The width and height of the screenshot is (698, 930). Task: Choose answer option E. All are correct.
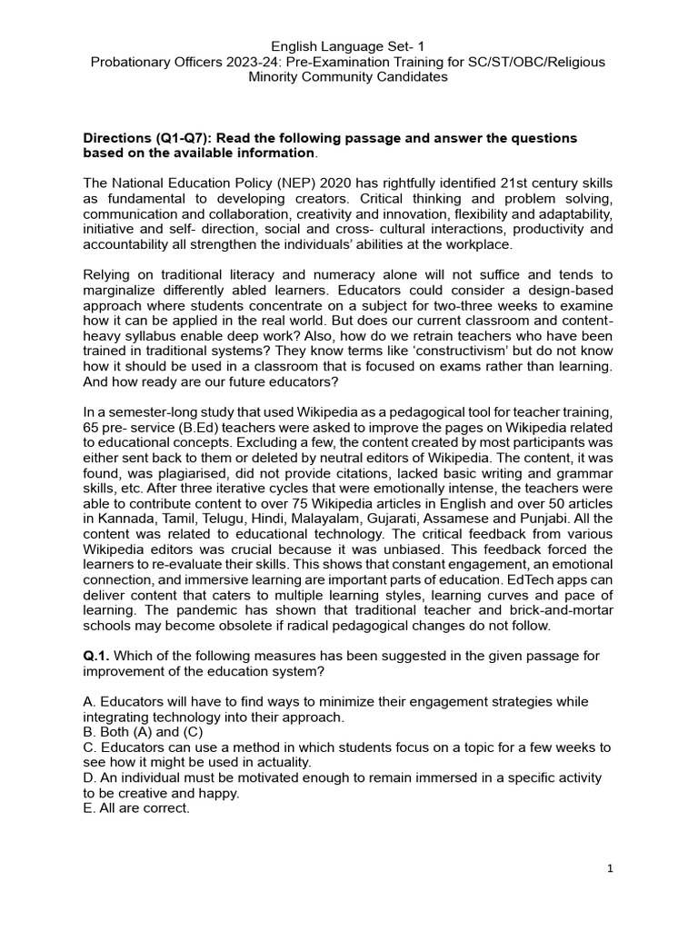click(x=136, y=808)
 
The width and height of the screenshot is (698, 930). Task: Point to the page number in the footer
click(x=611, y=869)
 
